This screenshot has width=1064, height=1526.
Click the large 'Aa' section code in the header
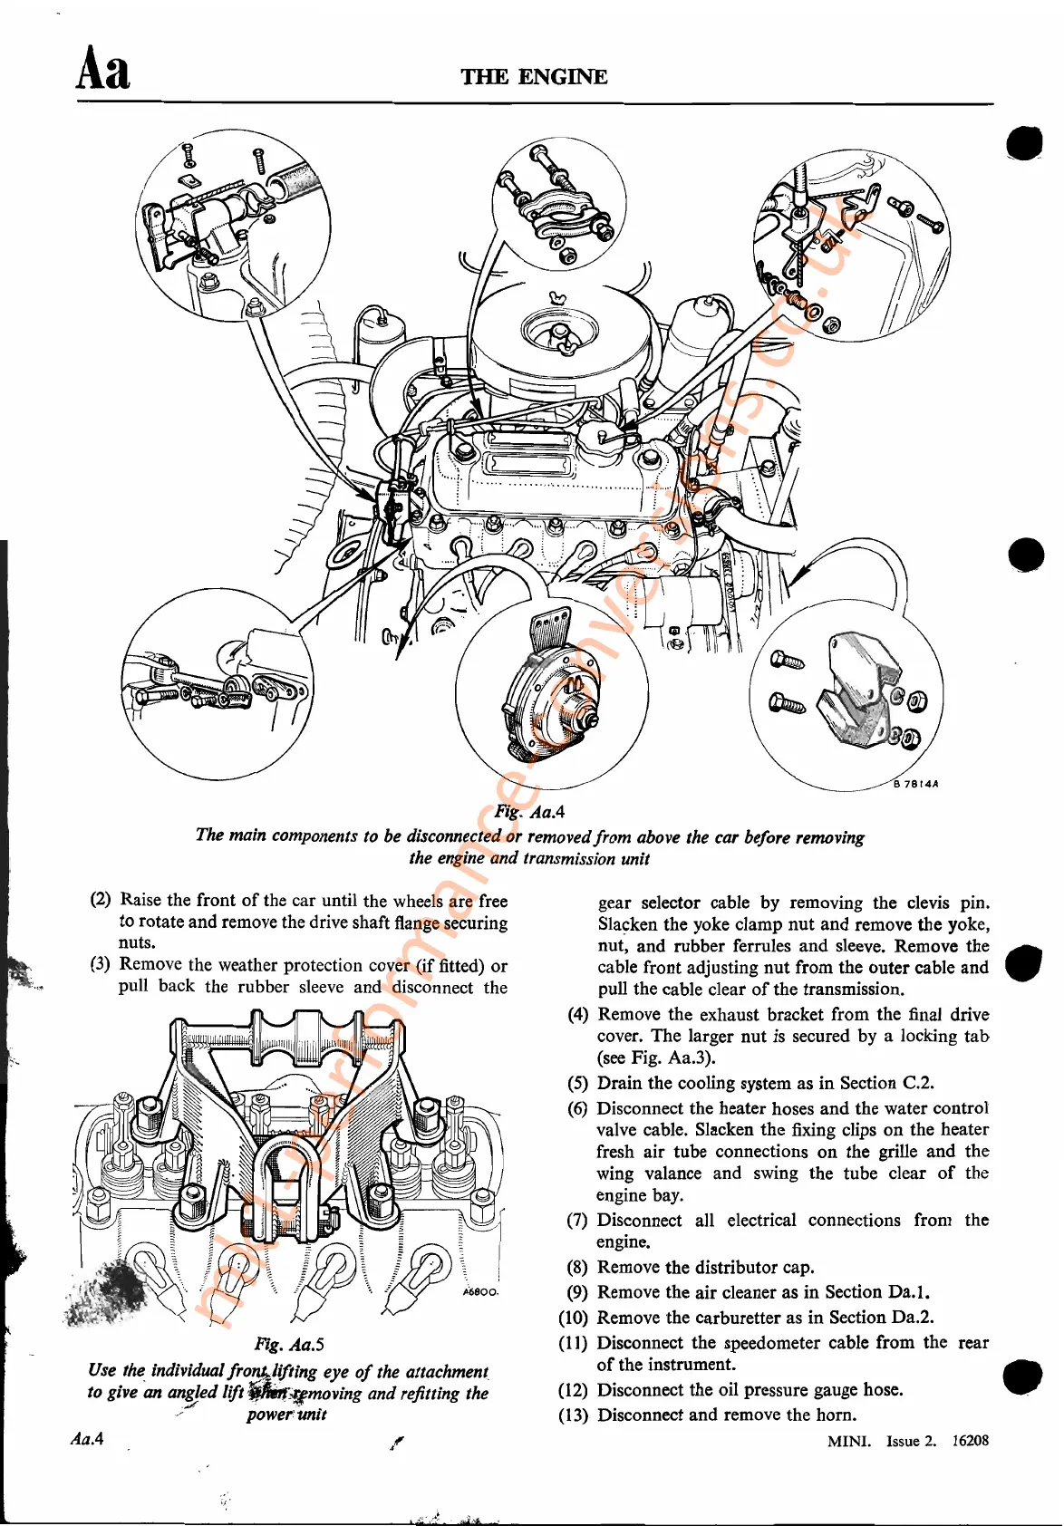103,69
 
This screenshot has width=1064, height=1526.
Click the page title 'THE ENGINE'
534,77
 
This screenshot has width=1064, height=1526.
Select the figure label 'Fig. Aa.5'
289,1345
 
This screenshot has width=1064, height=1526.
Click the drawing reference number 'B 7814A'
915,784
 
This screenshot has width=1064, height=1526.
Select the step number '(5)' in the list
578,1083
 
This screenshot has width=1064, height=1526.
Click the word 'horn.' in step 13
835,1415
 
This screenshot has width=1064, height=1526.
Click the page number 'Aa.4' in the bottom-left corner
88,1439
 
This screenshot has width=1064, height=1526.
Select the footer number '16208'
970,1441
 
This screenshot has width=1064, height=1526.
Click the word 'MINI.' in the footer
849,1441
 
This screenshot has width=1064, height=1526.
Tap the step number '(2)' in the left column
101,900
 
